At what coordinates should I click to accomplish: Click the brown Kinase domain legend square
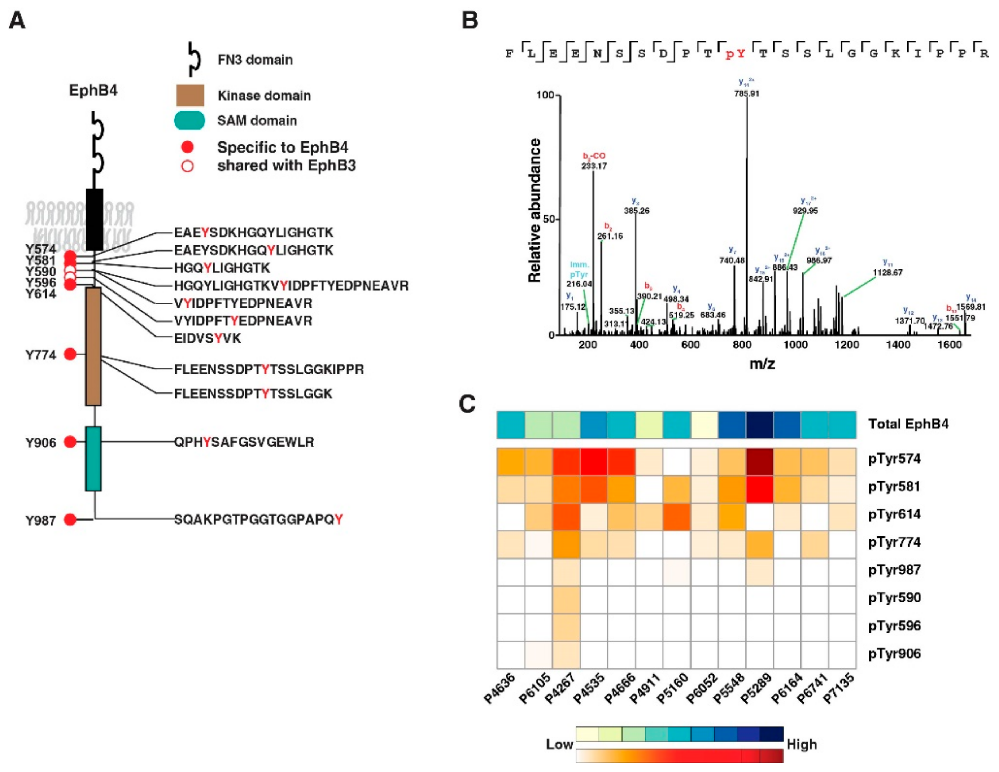[x=190, y=95]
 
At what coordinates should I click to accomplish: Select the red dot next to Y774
[x=70, y=354]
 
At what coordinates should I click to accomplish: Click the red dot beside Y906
[x=70, y=442]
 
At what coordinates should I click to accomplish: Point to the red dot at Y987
[x=70, y=519]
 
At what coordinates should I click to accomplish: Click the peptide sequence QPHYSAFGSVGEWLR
[x=244, y=442]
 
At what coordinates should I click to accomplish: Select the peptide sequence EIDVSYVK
[x=207, y=338]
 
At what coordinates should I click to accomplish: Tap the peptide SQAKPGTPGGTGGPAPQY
[x=258, y=519]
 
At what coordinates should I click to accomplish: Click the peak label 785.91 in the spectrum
[x=746, y=94]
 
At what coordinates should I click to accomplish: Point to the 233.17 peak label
[x=594, y=166]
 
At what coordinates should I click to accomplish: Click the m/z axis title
[x=762, y=364]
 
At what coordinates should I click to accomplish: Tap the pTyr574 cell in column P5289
[x=759, y=462]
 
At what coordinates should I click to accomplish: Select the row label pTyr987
[x=894, y=570]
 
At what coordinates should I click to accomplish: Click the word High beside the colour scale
[x=801, y=745]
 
